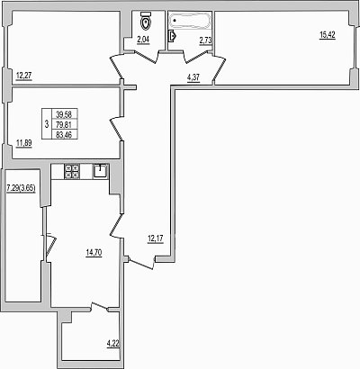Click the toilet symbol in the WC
point(146,20)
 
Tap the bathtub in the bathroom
point(190,21)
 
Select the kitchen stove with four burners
point(72,172)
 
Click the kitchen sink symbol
point(101,171)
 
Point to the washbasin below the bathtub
point(172,36)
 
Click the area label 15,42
point(328,35)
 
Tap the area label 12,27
point(23,76)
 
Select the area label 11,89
point(23,143)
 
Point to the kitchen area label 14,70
point(94,253)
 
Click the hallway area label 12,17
point(156,239)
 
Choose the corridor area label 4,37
point(193,78)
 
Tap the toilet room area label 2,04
point(143,40)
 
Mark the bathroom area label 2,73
point(206,40)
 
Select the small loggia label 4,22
point(113,344)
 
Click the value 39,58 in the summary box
point(63,114)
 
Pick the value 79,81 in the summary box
point(63,124)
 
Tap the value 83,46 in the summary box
point(63,134)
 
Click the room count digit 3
point(46,124)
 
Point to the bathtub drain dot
point(175,21)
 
